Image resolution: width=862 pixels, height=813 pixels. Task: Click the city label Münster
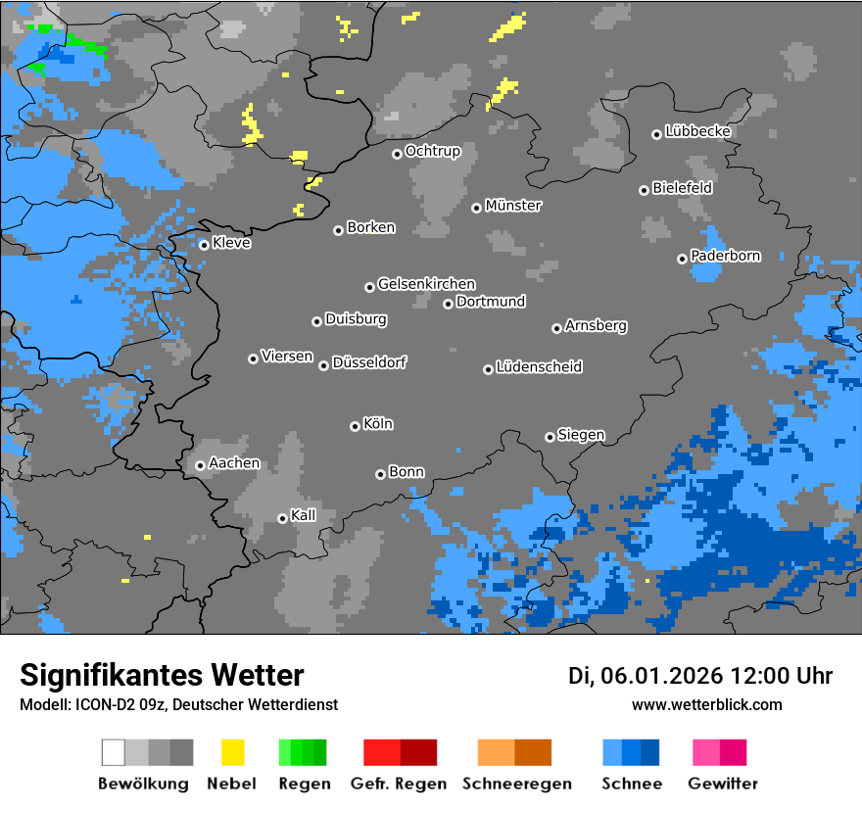tap(513, 206)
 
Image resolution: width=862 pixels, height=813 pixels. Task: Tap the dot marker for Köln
tap(355, 426)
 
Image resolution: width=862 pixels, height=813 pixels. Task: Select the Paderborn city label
tap(725, 256)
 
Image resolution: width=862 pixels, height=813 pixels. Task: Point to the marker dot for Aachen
tap(200, 465)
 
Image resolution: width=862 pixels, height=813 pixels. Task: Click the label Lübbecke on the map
tap(697, 131)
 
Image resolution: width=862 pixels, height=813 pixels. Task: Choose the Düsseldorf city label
tap(369, 362)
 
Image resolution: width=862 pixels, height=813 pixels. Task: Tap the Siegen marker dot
tap(550, 437)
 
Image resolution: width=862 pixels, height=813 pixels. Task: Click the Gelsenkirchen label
tap(426, 284)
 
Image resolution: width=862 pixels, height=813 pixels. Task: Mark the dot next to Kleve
tap(204, 245)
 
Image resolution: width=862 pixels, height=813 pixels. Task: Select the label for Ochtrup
tap(433, 151)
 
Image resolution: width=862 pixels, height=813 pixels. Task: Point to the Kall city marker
tap(282, 518)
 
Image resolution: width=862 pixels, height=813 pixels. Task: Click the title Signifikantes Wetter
tap(162, 675)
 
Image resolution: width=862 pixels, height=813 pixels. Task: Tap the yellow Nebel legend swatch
tap(232, 752)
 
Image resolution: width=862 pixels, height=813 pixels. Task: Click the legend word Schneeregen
tap(517, 784)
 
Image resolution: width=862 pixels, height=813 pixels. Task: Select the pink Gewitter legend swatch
tap(706, 752)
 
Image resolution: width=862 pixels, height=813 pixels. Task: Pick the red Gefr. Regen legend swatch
tap(381, 752)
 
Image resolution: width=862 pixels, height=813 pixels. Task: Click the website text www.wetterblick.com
tap(706, 704)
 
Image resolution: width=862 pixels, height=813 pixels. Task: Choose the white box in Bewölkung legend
tap(113, 752)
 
